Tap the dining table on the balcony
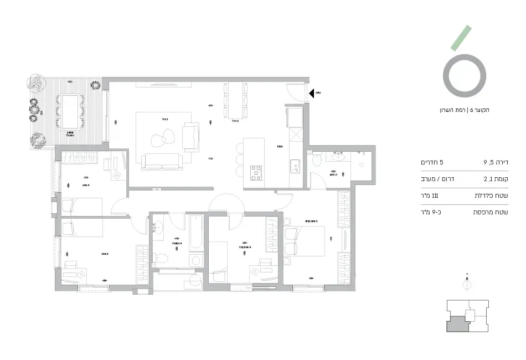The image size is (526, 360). (70, 105)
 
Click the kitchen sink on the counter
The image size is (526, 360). (295, 165)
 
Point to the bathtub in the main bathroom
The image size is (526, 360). (197, 233)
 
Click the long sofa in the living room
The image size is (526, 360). (162, 162)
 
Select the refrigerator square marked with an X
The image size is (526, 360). (295, 136)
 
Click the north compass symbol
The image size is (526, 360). (467, 284)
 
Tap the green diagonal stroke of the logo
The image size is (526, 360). (461, 38)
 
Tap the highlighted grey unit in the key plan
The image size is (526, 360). (457, 323)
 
